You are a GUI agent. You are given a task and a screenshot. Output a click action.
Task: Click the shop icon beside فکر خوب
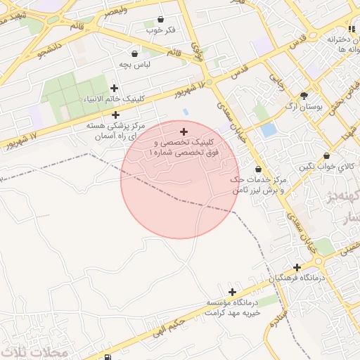[161, 20]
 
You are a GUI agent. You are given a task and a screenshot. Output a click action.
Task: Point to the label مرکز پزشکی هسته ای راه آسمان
[116, 130]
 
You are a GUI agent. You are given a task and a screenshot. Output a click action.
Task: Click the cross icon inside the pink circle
[184, 131]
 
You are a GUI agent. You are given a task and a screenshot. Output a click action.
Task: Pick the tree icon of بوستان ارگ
[304, 95]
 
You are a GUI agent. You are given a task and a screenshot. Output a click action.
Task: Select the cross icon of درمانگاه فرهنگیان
[298, 267]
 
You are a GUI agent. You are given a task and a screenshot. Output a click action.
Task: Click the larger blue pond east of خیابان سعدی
[269, 129]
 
